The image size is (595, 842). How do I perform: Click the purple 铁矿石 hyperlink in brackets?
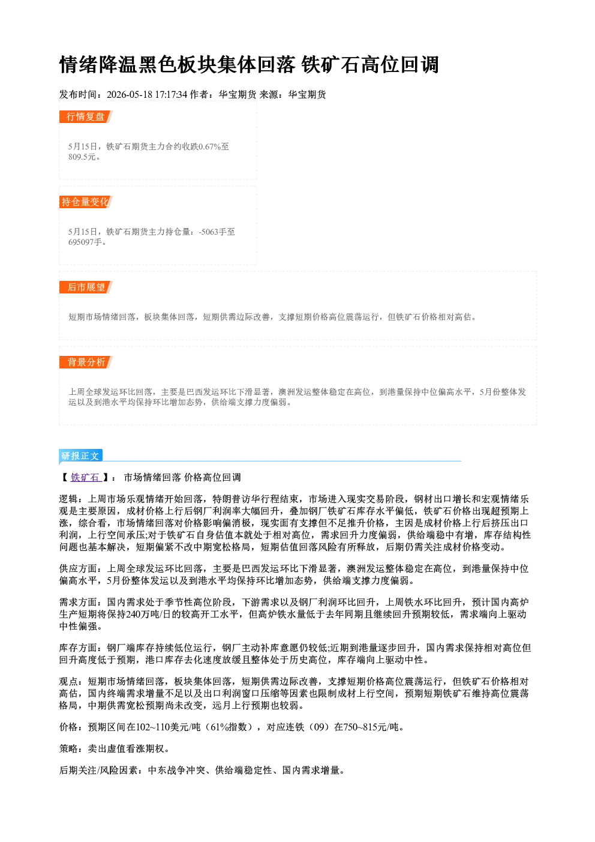pos(85,477)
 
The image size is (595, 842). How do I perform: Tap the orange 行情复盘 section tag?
pos(86,116)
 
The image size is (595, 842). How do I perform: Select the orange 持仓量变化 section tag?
pos(86,202)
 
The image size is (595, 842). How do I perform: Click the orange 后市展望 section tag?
pos(86,287)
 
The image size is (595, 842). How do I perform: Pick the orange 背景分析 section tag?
pos(86,362)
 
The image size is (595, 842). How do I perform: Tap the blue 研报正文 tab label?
pos(80,456)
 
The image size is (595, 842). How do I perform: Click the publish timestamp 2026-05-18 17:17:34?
pos(147,94)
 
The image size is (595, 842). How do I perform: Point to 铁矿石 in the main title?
pos(331,64)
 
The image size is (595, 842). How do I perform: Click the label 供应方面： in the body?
pos(83,568)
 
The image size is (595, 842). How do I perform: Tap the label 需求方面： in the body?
pos(83,602)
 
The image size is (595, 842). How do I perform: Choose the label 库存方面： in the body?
pos(83,648)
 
